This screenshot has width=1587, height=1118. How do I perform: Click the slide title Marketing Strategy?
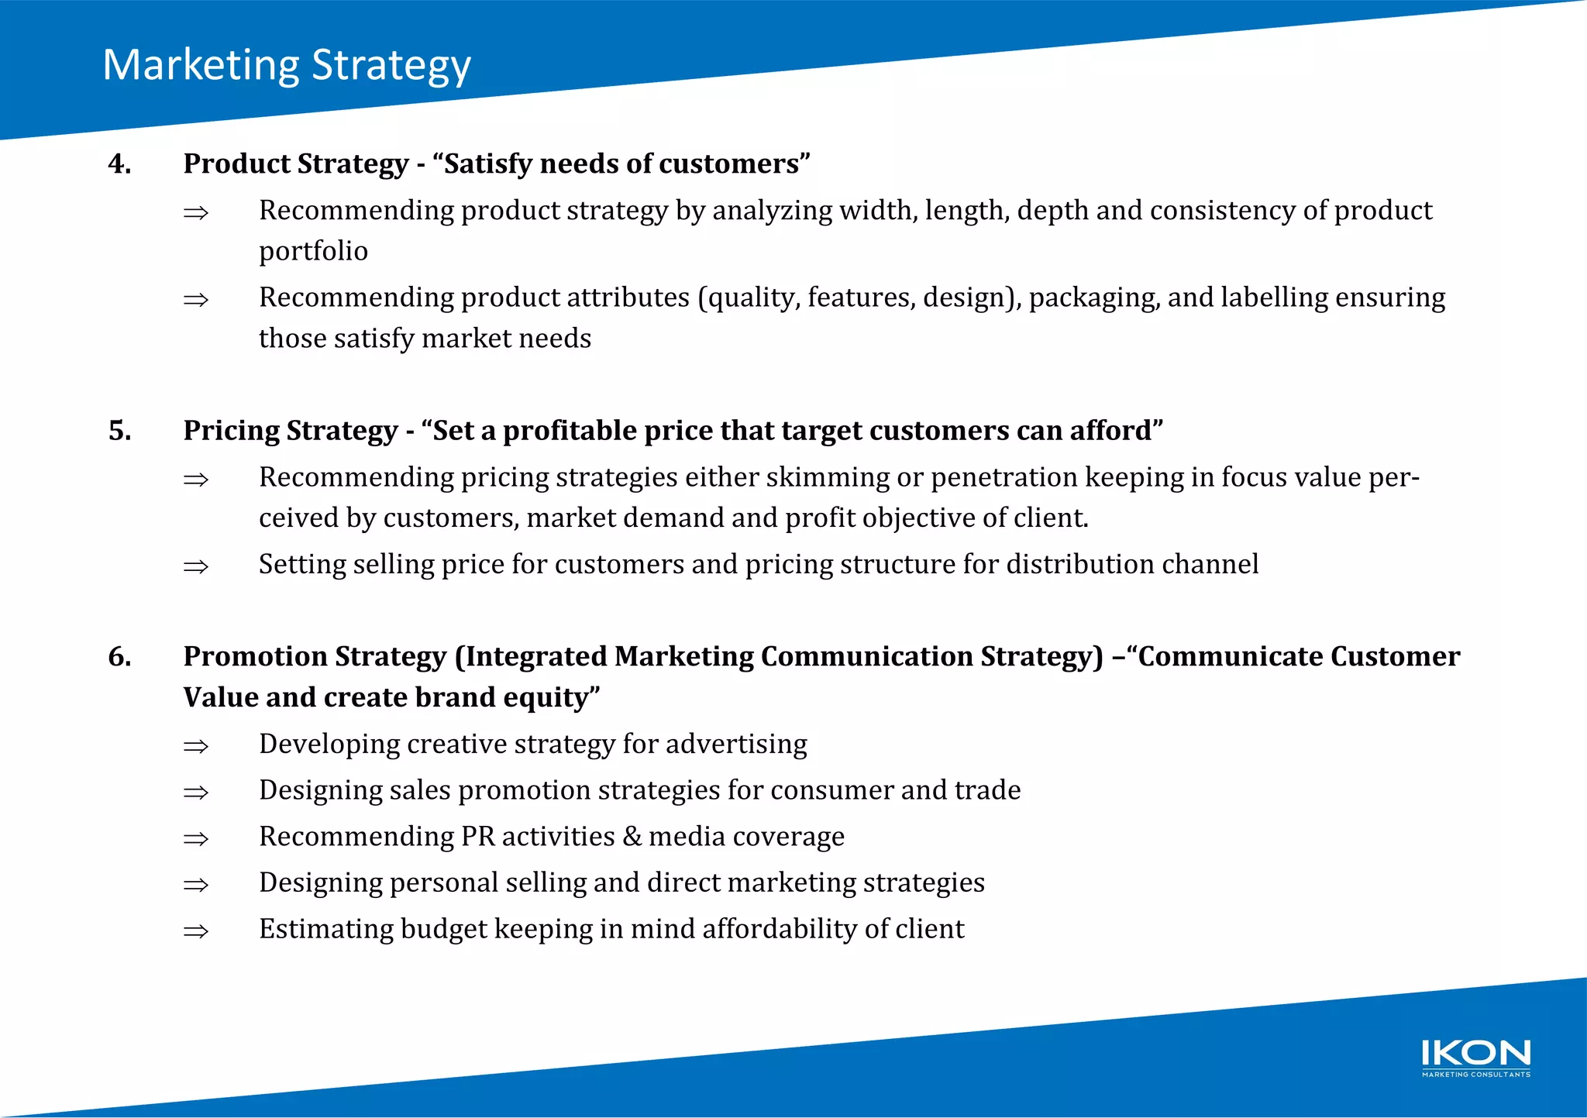tap(287, 65)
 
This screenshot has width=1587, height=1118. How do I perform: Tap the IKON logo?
tap(1475, 1058)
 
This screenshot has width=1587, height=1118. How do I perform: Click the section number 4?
tap(119, 163)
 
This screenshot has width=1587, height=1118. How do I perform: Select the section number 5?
tap(119, 430)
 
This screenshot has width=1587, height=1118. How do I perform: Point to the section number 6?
tap(119, 656)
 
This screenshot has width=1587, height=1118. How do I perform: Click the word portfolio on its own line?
tap(313, 252)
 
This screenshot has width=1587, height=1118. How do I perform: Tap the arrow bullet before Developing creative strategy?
tap(196, 746)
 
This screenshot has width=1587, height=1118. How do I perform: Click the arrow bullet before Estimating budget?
tap(196, 931)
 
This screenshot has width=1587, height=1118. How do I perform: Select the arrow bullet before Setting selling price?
tap(196, 566)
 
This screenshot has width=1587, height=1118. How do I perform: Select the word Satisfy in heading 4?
tap(487, 163)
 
